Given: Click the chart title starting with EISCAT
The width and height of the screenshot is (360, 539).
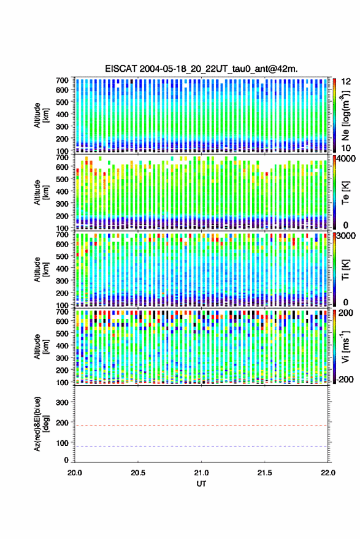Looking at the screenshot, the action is pos(201,69).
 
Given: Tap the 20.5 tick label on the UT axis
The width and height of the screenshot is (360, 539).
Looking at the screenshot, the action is pos(138,473).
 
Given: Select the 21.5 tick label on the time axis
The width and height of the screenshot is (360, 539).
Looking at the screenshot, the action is pos(264,473).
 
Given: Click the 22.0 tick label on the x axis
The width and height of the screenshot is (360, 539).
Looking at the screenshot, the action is pos(327,473).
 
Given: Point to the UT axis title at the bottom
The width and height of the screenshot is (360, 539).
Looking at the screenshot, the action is pos(201,484).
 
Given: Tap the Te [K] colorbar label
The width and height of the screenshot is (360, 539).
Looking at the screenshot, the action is pos(345,193).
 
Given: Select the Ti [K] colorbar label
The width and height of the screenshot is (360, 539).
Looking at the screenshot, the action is pos(345,270).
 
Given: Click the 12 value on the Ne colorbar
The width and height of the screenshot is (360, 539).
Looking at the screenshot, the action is pos(347,82).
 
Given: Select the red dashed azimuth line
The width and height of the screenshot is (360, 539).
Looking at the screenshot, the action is pos(201,426).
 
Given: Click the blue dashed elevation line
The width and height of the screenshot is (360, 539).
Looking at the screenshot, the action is pos(201,446).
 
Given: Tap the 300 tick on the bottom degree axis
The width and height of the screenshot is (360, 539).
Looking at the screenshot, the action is pos(62,402).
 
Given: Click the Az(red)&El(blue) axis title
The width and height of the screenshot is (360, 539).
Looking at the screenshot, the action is pos(41,424).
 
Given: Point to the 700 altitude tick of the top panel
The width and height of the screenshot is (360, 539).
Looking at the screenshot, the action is pos(62,80).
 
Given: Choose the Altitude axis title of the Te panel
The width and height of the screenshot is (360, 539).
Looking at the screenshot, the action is pos(41,192).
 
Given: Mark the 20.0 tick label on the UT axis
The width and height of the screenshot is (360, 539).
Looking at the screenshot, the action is pos(75,473).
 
